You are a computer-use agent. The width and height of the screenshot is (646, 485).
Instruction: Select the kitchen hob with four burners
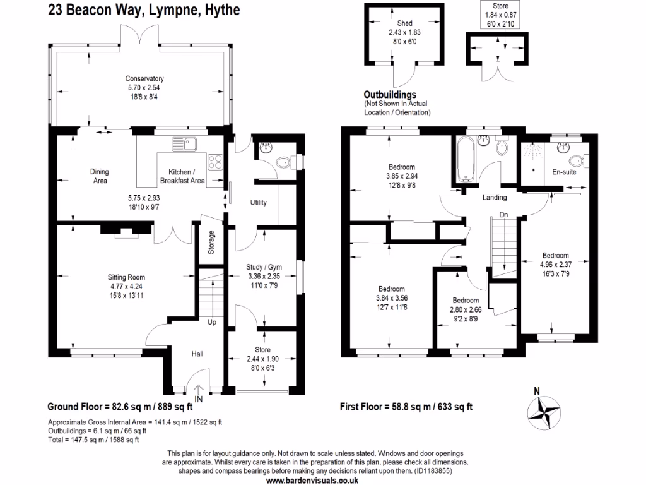pyautogui.click(x=214, y=161)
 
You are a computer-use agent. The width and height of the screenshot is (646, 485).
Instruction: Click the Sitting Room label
pyautogui.click(x=126, y=277)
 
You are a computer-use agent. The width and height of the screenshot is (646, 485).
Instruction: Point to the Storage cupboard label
pyautogui.click(x=212, y=242)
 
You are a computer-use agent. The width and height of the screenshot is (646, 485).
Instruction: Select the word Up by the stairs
pyautogui.click(x=212, y=322)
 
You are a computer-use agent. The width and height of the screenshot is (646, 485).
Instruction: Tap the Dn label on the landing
pyautogui.click(x=503, y=215)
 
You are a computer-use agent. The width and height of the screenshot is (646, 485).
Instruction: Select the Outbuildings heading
pyautogui.click(x=390, y=95)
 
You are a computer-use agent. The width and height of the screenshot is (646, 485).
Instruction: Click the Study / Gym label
pyautogui.click(x=264, y=267)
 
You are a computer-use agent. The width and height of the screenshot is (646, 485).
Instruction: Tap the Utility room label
pyautogui.click(x=258, y=203)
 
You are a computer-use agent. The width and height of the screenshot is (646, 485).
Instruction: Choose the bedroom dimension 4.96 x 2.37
pyautogui.click(x=556, y=265)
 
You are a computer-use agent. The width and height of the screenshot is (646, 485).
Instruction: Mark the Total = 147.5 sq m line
pyautogui.click(x=93, y=440)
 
